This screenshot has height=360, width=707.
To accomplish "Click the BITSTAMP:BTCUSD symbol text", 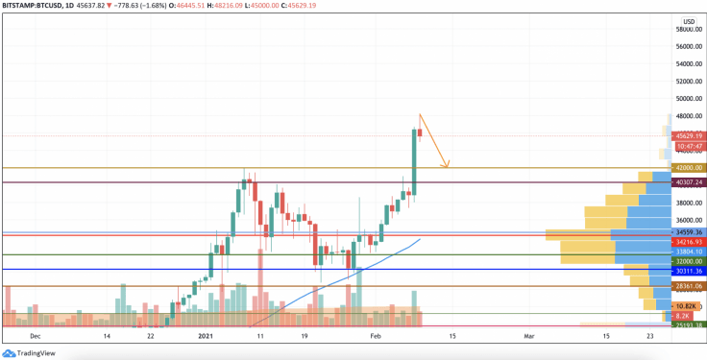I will click(x=38, y=7).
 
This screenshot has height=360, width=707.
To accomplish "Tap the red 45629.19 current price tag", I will click(x=689, y=136).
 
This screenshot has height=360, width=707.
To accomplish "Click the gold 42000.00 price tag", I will click(x=689, y=167).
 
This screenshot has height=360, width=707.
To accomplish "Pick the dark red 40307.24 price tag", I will click(x=689, y=181).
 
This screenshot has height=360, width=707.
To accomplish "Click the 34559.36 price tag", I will click(x=689, y=232).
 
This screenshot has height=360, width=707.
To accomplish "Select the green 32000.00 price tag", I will click(x=689, y=261).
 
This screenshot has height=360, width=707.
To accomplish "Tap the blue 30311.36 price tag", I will click(x=689, y=271).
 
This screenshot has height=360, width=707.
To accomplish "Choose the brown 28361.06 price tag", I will click(x=689, y=285).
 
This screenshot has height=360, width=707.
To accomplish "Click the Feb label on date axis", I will click(x=377, y=337).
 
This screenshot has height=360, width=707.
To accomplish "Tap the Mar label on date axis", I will click(x=529, y=337).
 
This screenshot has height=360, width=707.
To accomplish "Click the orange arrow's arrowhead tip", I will click(x=448, y=167).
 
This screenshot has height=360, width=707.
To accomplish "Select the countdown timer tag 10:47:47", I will click(x=689, y=147).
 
